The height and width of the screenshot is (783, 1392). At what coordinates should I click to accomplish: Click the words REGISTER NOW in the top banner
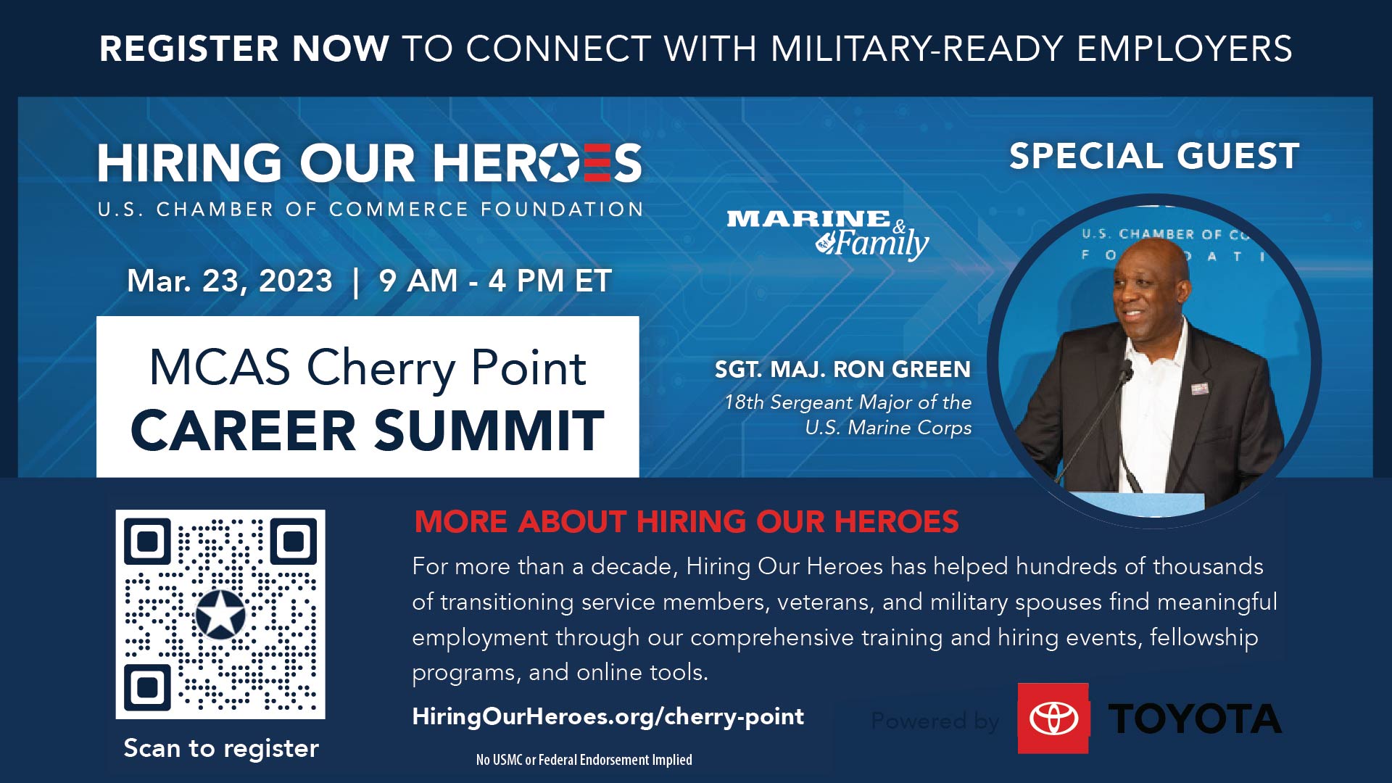[244, 49]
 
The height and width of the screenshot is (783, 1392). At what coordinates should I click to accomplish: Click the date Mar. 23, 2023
[230, 281]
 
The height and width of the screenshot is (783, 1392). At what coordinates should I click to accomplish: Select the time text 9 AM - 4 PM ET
[495, 281]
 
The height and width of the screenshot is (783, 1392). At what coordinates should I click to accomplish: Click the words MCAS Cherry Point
[368, 368]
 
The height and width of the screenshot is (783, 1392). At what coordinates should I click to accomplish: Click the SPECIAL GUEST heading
[1154, 157]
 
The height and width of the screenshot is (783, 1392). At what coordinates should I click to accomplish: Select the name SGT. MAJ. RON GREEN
[842, 370]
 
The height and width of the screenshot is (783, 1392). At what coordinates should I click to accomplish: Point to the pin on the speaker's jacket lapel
[1198, 389]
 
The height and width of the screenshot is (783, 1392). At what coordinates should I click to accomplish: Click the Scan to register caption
[221, 748]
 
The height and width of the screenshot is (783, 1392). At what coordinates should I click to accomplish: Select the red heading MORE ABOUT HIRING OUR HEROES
[687, 522]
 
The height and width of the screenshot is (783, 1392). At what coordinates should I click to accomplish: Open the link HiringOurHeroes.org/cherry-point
[608, 716]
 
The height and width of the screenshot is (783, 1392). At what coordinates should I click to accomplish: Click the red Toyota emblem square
[1053, 718]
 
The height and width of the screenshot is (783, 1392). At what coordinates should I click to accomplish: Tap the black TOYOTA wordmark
[1195, 719]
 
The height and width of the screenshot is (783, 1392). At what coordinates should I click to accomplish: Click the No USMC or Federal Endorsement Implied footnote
[584, 760]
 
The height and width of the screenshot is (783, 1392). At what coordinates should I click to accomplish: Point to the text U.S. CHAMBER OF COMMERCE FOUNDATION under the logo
[370, 210]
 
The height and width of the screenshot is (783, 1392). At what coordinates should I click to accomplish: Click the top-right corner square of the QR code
[294, 542]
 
